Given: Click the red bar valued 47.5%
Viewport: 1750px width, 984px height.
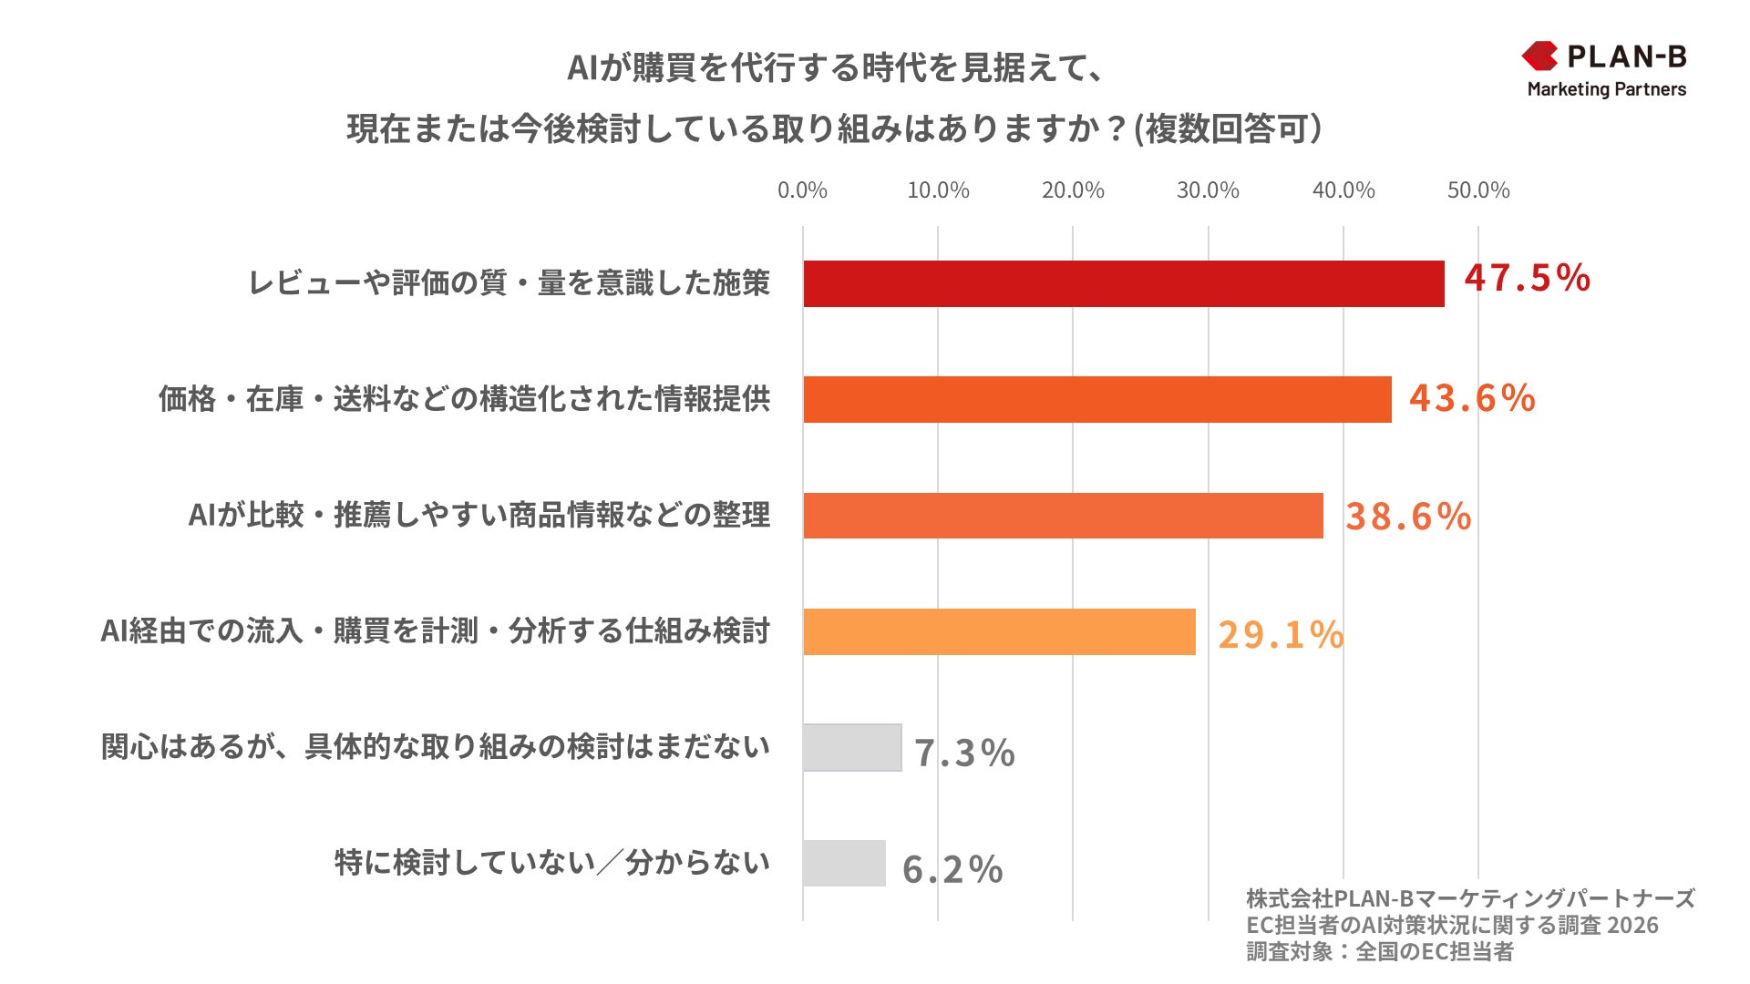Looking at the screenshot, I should coord(1123,283).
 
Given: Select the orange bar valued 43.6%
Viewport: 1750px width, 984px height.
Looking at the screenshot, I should coord(1096,399).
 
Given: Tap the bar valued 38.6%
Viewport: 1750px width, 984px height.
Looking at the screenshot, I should coord(1063,516).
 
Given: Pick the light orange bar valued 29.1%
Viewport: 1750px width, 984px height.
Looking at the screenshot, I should coord(999,631).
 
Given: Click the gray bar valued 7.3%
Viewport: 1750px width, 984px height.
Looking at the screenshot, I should coord(852,747).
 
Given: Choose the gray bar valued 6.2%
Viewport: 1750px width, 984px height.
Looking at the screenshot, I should coord(844,863).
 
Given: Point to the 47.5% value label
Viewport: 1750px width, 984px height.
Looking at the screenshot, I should coord(1527,278).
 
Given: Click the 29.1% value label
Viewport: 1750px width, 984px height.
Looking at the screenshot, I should coord(1281,635).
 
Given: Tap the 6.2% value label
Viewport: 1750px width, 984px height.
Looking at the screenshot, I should coord(952,869).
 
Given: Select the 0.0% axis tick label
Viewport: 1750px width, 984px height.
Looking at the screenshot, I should coord(802,190).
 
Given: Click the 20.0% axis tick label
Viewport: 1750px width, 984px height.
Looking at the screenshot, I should coord(1073,190).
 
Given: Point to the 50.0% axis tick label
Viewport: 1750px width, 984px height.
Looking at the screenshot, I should coord(1478,190).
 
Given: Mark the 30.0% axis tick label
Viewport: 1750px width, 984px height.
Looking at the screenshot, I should coord(1208,190).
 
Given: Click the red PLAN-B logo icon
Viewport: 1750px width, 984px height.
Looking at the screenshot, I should coord(1539,56).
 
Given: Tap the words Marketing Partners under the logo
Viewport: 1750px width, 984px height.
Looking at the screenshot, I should coord(1606,89).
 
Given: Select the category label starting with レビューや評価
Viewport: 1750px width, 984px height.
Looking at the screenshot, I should coord(510,283).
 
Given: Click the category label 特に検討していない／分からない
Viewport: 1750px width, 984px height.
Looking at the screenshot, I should coord(552,863).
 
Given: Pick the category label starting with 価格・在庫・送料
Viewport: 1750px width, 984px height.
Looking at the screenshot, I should coord(465,399).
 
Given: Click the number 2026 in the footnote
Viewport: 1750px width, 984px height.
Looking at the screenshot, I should coord(1633,926).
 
